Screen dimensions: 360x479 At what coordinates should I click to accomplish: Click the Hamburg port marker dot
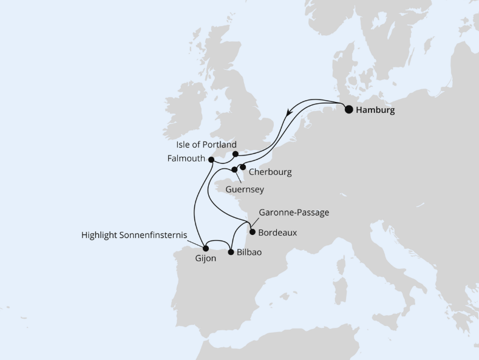coord(348,110)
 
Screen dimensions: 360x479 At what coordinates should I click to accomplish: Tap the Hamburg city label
coord(375,110)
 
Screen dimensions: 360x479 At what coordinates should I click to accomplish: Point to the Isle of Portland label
coord(206,145)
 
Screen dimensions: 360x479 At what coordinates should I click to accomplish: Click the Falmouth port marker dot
coord(211,160)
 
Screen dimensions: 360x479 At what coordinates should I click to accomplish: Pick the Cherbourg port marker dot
coord(242,167)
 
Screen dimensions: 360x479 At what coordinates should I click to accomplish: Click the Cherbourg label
coord(271,172)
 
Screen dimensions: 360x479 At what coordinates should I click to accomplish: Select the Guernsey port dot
coord(234,170)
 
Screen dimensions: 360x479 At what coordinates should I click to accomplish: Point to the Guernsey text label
coord(245,189)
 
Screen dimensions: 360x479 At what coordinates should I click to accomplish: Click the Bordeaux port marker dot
coord(253,231)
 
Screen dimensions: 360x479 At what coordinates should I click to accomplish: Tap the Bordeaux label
coord(277,232)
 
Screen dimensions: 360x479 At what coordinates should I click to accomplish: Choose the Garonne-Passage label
coord(294,213)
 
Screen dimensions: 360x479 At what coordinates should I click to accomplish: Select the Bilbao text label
coord(249,252)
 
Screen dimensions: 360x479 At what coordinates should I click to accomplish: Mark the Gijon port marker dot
coord(205,248)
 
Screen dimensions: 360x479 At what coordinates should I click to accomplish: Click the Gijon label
coord(206,259)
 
